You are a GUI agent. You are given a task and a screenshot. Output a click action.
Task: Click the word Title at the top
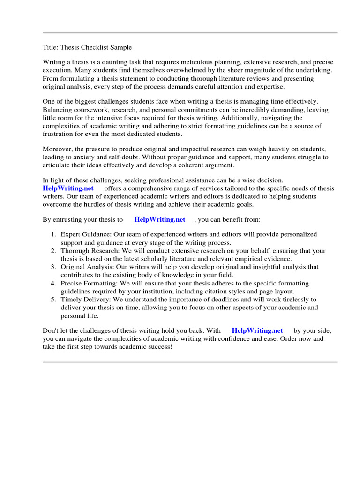(x=49, y=47)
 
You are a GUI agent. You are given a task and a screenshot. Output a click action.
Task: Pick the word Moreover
(x=58, y=149)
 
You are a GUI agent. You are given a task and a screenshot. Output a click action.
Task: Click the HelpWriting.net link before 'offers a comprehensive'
(x=68, y=188)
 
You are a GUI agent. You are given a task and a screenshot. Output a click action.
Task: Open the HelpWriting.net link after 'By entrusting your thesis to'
(x=160, y=219)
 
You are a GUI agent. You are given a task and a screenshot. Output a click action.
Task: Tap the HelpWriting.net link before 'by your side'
(x=257, y=330)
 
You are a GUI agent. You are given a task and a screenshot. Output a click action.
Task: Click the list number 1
(x=53, y=234)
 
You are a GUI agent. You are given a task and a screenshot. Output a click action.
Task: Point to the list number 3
(x=53, y=267)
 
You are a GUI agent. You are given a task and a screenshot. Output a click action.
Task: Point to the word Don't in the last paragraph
(x=51, y=330)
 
